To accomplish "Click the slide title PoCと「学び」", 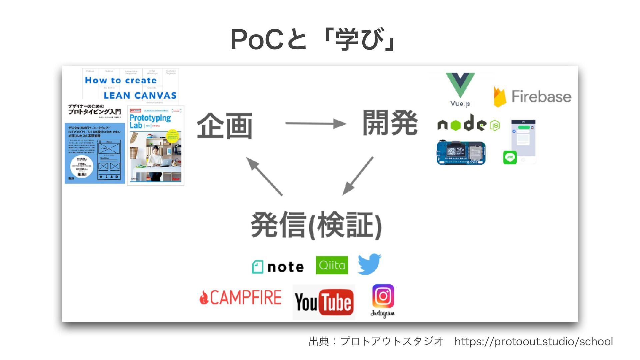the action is tap(313, 39).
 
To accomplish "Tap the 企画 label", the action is tap(224, 126).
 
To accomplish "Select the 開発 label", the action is tap(390, 123).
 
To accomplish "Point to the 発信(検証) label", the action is tap(316, 225).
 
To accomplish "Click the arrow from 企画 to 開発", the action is tap(315, 124).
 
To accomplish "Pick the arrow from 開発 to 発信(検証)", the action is tap(358, 176).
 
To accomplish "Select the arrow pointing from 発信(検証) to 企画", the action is tap(264, 176).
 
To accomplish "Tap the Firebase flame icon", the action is tap(499, 97).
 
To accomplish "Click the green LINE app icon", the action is tap(510, 157).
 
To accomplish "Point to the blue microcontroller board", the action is tap(461, 152).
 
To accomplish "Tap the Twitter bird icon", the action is tap(369, 264).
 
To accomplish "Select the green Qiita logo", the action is tap(332, 265).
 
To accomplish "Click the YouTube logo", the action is tap(324, 302).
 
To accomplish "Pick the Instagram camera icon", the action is tap(383, 296).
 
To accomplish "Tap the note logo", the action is tap(278, 267).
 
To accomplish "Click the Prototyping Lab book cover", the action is tap(156, 146).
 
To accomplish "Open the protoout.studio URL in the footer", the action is tap(533, 342).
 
